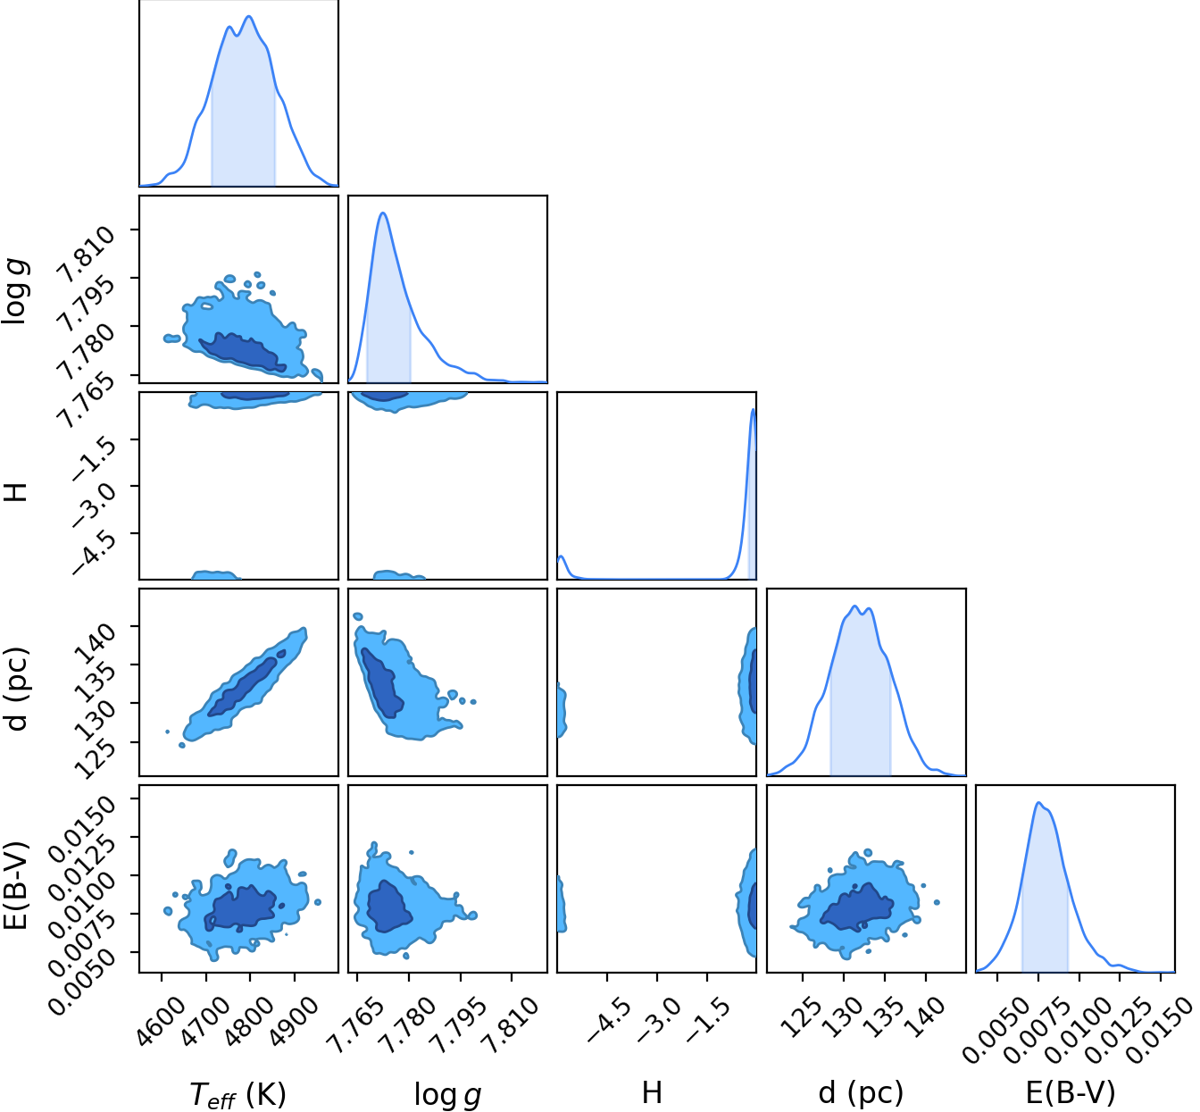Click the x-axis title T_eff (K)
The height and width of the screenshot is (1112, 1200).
[x=237, y=1094]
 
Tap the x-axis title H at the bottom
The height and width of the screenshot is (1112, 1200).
[x=652, y=1092]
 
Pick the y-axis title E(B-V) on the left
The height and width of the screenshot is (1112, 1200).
[x=16, y=884]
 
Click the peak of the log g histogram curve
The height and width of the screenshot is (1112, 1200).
[x=382, y=213]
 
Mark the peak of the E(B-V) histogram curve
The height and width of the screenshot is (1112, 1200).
[x=1038, y=802]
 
